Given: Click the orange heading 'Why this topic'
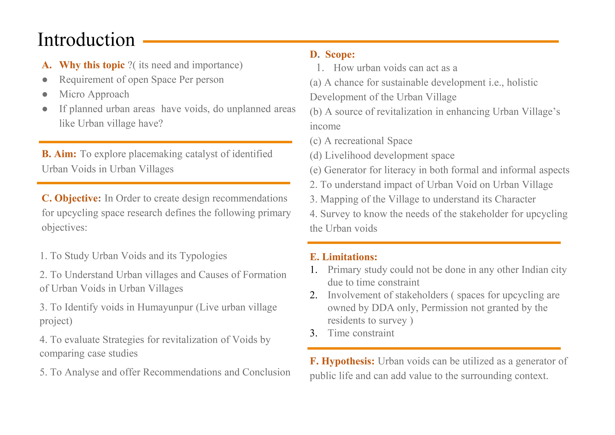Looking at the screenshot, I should tap(92, 65).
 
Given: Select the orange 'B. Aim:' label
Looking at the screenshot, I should tap(59, 154).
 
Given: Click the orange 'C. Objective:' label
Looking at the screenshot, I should tap(71, 198).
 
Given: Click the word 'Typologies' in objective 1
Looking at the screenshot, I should tap(203, 256).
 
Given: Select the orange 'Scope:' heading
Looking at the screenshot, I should tap(340, 54).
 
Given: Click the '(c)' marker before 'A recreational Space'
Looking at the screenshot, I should tap(316, 141).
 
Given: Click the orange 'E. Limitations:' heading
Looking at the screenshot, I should tap(343, 257).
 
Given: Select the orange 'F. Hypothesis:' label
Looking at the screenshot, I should tap(342, 361).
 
